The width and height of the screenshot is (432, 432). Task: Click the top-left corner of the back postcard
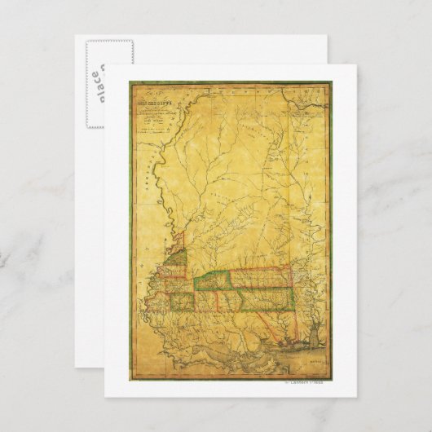point(76,35)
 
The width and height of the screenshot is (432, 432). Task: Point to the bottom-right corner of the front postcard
point(356,397)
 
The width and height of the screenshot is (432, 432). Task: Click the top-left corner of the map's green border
point(127,82)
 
